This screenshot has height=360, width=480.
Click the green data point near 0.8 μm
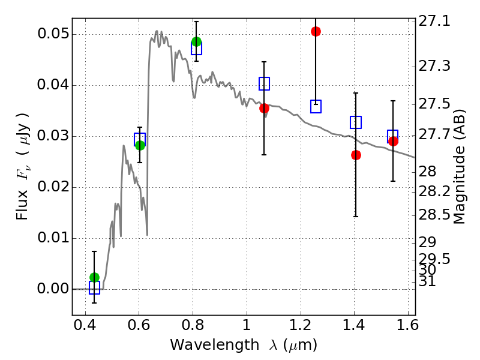pyautogui.click(x=197, y=41)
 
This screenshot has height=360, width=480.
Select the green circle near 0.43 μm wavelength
pyautogui.click(x=95, y=277)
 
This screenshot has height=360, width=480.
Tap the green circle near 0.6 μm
pyautogui.click(x=140, y=145)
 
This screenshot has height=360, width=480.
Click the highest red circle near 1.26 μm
pyautogui.click(x=316, y=31)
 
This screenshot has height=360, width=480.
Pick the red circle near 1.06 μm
pyautogui.click(x=264, y=108)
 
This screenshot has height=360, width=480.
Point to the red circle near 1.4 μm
pyautogui.click(x=356, y=155)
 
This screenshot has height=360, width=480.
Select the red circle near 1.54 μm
pyautogui.click(x=393, y=141)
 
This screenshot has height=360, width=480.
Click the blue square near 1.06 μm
pyautogui.click(x=264, y=83)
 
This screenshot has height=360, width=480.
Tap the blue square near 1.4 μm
pyautogui.click(x=356, y=122)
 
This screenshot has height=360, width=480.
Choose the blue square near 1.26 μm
pyautogui.click(x=316, y=107)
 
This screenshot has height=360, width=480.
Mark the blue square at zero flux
pyautogui.click(x=95, y=288)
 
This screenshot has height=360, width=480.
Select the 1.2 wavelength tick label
pyautogui.click(x=301, y=325)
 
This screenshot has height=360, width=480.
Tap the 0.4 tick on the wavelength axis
pyautogui.click(x=85, y=325)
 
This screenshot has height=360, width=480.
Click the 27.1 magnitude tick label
pyautogui.click(x=434, y=22)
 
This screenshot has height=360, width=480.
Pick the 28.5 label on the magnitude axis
pyautogui.click(x=434, y=215)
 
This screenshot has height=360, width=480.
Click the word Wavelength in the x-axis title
pyautogui.click(x=215, y=344)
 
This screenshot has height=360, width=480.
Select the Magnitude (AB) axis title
pyautogui.click(x=459, y=167)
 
